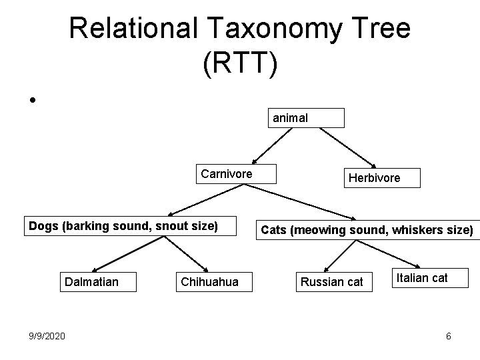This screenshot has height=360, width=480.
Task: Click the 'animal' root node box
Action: (x=306, y=118)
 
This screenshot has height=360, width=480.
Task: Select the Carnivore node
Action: (x=226, y=175)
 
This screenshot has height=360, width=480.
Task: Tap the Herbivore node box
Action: (x=382, y=178)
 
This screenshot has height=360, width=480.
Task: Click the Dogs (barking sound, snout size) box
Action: (x=123, y=225)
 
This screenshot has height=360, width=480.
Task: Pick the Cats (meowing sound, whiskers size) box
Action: (x=367, y=231)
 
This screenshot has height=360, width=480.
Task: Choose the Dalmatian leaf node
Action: (x=91, y=282)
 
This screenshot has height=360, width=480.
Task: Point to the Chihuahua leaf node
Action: (x=209, y=282)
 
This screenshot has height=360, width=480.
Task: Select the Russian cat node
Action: (x=332, y=282)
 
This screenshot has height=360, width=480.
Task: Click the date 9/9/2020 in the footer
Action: (x=47, y=335)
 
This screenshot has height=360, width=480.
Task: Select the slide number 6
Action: (x=449, y=336)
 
